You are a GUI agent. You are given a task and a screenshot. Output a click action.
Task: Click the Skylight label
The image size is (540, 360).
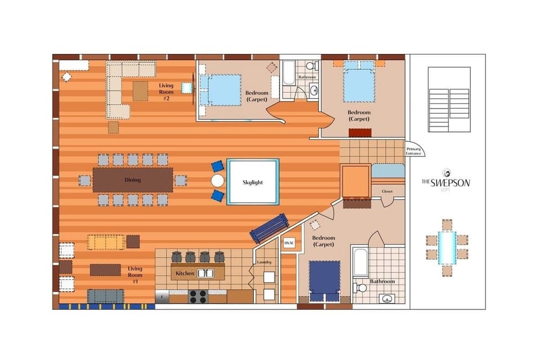click(253, 182)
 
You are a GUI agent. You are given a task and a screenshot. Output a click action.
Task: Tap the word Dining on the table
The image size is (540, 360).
click(132, 180)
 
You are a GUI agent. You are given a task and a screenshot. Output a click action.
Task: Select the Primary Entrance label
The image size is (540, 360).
click(414, 151)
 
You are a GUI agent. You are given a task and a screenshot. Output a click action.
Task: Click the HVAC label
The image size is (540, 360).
click(289, 243)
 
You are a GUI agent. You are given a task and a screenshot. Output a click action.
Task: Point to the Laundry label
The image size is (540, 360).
click(264, 262)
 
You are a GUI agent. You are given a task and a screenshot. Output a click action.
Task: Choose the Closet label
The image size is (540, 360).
click(387, 192)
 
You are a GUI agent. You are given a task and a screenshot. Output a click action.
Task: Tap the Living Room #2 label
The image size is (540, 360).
click(167, 90)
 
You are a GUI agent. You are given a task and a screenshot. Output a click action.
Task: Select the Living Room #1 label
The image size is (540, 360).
click(135, 274)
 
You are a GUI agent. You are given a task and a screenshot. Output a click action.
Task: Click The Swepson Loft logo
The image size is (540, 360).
click(446, 180)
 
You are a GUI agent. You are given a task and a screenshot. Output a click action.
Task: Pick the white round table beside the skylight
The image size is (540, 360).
click(218, 181)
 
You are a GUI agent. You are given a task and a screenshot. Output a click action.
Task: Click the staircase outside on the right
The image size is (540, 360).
click(449, 100)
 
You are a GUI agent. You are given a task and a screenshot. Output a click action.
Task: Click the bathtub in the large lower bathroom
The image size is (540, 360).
click(360, 261)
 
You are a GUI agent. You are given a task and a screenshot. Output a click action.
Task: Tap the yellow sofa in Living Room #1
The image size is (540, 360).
click(106, 242)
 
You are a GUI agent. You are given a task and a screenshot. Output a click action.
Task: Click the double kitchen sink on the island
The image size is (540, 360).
click(205, 273)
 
